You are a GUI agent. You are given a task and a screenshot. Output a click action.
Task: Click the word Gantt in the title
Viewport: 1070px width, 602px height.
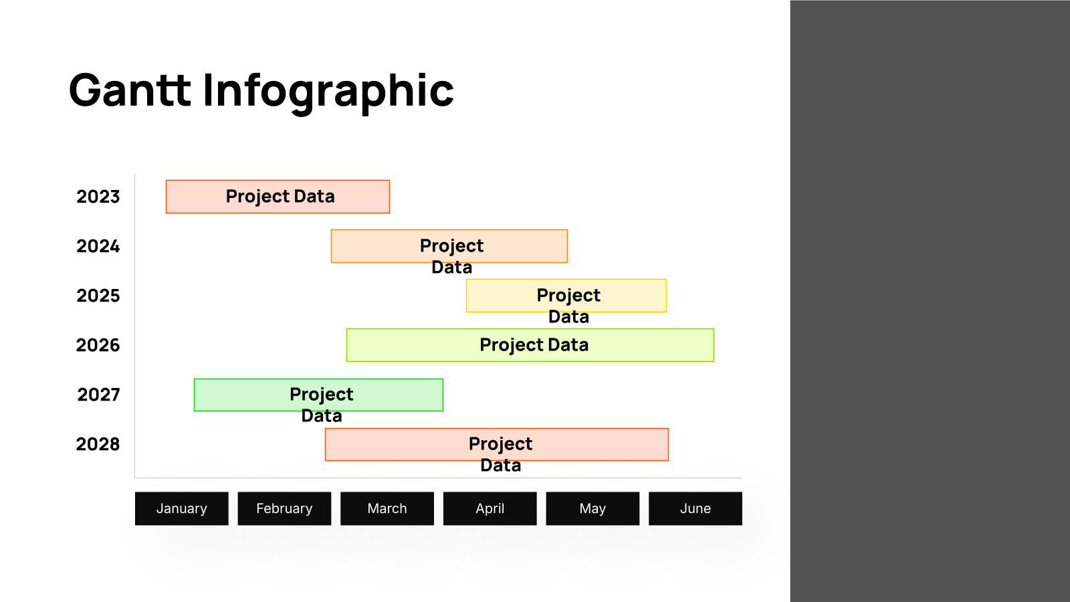[130, 90]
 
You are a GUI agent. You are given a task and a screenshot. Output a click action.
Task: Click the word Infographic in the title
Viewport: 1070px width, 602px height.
[328, 93]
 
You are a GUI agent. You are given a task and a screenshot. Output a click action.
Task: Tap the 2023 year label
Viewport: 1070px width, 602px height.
[98, 197]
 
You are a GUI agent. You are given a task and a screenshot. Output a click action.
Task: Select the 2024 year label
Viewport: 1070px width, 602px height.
[98, 246]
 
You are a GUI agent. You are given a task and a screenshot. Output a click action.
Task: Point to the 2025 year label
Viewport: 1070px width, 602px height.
[98, 296]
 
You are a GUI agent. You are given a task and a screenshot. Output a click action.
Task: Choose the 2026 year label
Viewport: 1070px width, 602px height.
[98, 345]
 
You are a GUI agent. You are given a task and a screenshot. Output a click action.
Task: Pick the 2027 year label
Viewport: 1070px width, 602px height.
[98, 395]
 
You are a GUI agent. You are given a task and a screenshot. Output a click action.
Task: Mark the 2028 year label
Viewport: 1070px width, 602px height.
[98, 444]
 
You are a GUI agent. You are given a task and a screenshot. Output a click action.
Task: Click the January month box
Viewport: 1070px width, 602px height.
[181, 508]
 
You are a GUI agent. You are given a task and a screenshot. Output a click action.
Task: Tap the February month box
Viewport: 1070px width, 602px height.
[284, 508]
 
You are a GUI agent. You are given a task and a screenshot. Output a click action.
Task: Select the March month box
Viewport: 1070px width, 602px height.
[387, 508]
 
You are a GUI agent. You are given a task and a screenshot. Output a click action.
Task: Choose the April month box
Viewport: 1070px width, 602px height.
[490, 508]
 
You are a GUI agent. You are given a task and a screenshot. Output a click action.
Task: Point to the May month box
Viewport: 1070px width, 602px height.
[593, 508]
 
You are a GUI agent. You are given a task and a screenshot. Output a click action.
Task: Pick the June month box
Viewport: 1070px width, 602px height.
[695, 508]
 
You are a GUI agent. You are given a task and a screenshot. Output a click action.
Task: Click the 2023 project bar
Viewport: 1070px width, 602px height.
[278, 197]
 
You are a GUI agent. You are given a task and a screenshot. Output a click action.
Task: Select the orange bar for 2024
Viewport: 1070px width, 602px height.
[449, 246]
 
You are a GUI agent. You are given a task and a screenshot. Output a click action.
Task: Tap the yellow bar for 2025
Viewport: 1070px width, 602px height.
[566, 296]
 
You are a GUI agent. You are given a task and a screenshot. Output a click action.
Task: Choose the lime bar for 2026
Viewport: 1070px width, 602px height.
[530, 345]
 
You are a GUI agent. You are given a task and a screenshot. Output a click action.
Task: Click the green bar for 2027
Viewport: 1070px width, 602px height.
[318, 395]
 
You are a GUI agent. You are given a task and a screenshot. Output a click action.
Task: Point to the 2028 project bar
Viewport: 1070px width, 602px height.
[497, 444]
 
